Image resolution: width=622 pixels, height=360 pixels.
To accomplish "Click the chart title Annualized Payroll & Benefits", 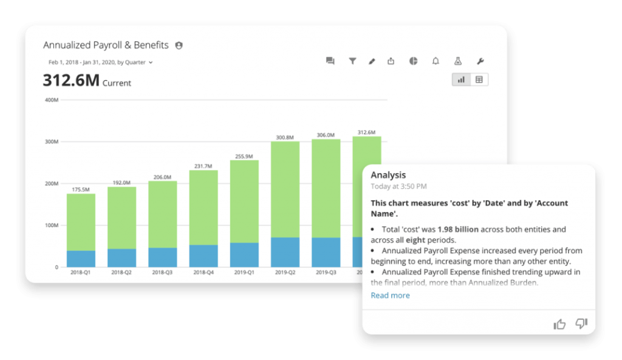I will point(106,46).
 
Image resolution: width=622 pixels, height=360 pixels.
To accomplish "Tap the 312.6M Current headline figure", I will point(86,81).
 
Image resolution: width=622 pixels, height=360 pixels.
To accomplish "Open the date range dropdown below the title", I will point(100,62).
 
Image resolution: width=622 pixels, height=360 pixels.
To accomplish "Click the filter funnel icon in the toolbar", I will point(352,61).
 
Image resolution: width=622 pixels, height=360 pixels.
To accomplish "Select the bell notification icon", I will point(436,61).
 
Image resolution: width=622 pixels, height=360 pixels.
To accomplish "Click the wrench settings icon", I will point(480,61).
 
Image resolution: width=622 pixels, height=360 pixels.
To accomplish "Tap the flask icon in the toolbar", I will point(458,61).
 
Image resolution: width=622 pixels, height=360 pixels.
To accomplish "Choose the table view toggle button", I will point(479,80).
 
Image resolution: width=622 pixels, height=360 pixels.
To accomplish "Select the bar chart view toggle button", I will point(461,80).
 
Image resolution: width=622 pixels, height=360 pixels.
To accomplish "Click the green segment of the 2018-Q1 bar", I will point(81,222).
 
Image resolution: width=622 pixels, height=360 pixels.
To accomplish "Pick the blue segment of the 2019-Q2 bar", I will point(285,252).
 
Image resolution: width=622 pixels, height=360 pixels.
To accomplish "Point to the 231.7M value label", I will point(203,166).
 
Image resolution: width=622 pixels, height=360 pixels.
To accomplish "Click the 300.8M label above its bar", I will point(285,137).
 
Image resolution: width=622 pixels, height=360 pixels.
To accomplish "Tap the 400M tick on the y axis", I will point(52,100).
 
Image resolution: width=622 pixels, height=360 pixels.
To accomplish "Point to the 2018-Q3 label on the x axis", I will point(162,273).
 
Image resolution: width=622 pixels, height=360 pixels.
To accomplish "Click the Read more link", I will point(390,296).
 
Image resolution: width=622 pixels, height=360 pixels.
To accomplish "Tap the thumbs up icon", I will point(559,325).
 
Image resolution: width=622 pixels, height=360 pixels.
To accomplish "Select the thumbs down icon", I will point(581,324).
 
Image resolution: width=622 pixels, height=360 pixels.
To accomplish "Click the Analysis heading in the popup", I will point(388,175).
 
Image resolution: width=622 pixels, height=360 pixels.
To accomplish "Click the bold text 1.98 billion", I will point(458,229).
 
